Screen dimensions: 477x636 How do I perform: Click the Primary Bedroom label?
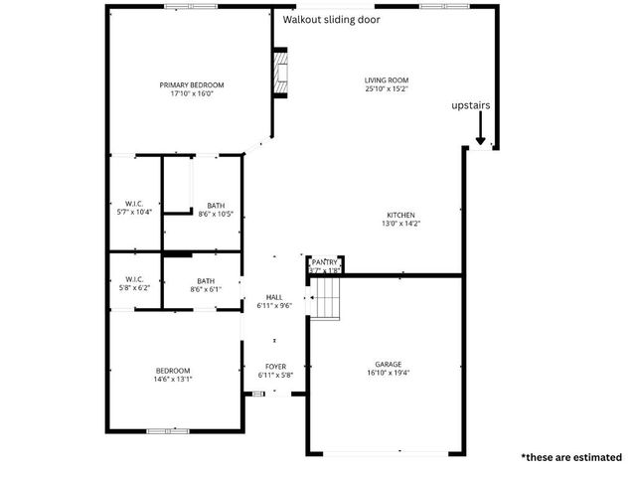click(x=192, y=85)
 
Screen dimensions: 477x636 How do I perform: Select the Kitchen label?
click(x=400, y=216)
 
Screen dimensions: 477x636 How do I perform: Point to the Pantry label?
click(x=325, y=261)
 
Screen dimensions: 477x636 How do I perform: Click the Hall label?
click(x=274, y=297)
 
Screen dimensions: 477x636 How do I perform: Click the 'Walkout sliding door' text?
click(x=331, y=19)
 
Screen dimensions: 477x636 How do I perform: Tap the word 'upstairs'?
click(x=470, y=105)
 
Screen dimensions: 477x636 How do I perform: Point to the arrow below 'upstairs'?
click(x=480, y=129)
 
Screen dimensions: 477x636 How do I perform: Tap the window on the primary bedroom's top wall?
click(x=191, y=7)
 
